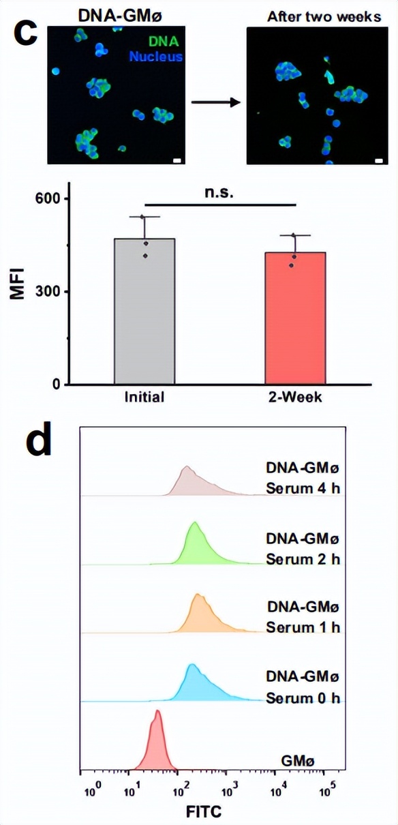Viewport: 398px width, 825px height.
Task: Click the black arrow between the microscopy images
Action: coord(215,103)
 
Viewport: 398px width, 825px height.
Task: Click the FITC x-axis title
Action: coord(204,811)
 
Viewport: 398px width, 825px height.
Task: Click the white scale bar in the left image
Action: coord(177,161)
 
